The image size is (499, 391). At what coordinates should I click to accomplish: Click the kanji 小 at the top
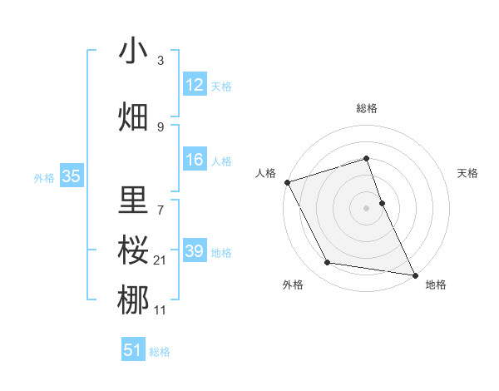pyautogui.click(x=133, y=52)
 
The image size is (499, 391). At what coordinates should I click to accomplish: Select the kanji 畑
pyautogui.click(x=133, y=117)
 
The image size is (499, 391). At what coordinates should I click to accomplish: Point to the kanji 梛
pyautogui.click(x=133, y=299)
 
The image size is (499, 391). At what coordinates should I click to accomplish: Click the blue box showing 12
pyautogui.click(x=195, y=85)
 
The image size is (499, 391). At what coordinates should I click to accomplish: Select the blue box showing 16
pyautogui.click(x=195, y=160)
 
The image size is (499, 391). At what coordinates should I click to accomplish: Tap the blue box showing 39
pyautogui.click(x=195, y=251)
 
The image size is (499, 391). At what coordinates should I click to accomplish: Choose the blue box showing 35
pyautogui.click(x=71, y=176)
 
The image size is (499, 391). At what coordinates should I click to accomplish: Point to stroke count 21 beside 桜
pyautogui.click(x=160, y=260)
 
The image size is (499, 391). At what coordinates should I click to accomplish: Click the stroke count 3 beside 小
pyautogui.click(x=160, y=61)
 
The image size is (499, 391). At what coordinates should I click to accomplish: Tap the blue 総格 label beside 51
pyautogui.click(x=160, y=352)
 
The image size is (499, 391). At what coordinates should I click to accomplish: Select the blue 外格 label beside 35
pyautogui.click(x=44, y=177)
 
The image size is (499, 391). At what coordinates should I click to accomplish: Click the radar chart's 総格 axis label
pyautogui.click(x=367, y=108)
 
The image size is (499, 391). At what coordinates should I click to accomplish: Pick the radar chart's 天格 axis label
pyautogui.click(x=467, y=173)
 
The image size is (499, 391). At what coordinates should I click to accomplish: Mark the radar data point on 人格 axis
pyautogui.click(x=287, y=182)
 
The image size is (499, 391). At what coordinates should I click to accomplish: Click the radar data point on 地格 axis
pyautogui.click(x=413, y=274)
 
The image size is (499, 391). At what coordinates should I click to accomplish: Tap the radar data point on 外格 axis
pyautogui.click(x=328, y=264)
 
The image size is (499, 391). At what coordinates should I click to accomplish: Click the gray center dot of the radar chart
pyautogui.click(x=367, y=208)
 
